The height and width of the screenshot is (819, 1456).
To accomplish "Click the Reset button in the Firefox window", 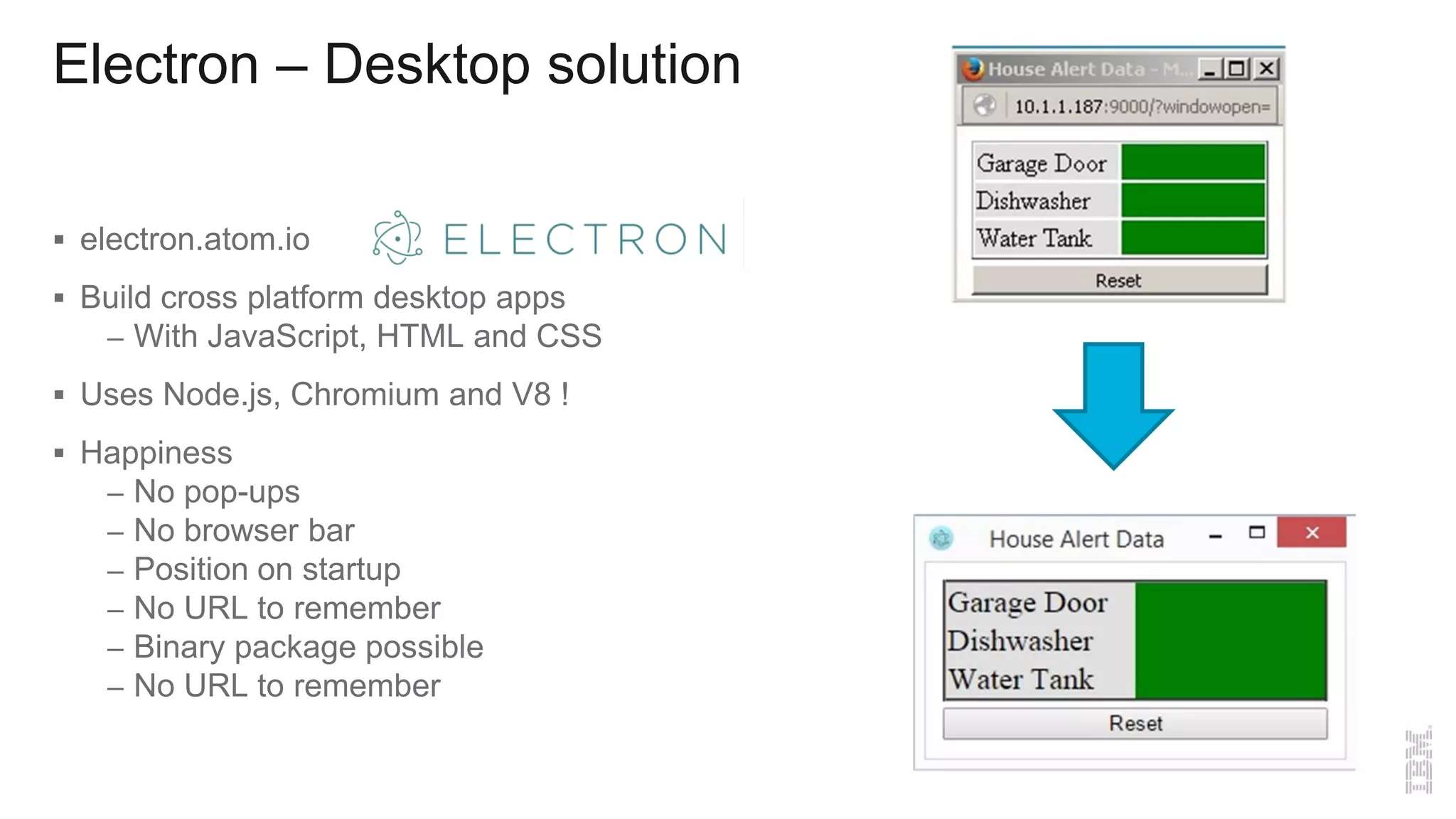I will [1119, 280].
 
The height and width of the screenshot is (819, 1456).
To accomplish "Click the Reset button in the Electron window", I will [1135, 723].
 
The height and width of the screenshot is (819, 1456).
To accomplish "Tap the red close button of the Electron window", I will [1312, 532].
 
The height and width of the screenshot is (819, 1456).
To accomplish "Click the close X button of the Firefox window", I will [1266, 69].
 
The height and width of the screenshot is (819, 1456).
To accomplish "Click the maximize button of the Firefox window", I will [1237, 69].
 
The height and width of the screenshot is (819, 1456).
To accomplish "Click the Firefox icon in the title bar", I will [973, 69].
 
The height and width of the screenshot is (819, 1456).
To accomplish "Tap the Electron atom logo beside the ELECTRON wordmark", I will [397, 237].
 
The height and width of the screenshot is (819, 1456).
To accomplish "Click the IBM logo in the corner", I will [1418, 761].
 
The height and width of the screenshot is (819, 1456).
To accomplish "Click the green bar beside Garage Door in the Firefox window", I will [1193, 162].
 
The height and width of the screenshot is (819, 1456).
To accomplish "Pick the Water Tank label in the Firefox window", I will [1034, 238].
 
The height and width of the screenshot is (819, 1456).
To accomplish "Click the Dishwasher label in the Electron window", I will [1020, 641].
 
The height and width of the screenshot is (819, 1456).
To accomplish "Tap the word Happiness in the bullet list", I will [156, 453].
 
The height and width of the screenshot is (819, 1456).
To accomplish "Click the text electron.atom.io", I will [195, 240].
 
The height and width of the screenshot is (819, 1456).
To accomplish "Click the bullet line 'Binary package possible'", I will [309, 647].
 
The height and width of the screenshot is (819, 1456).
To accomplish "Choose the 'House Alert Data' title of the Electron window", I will [1076, 539].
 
